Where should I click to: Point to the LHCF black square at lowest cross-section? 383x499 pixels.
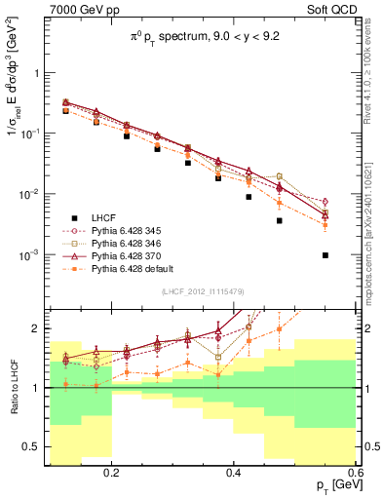pos(326,255)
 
